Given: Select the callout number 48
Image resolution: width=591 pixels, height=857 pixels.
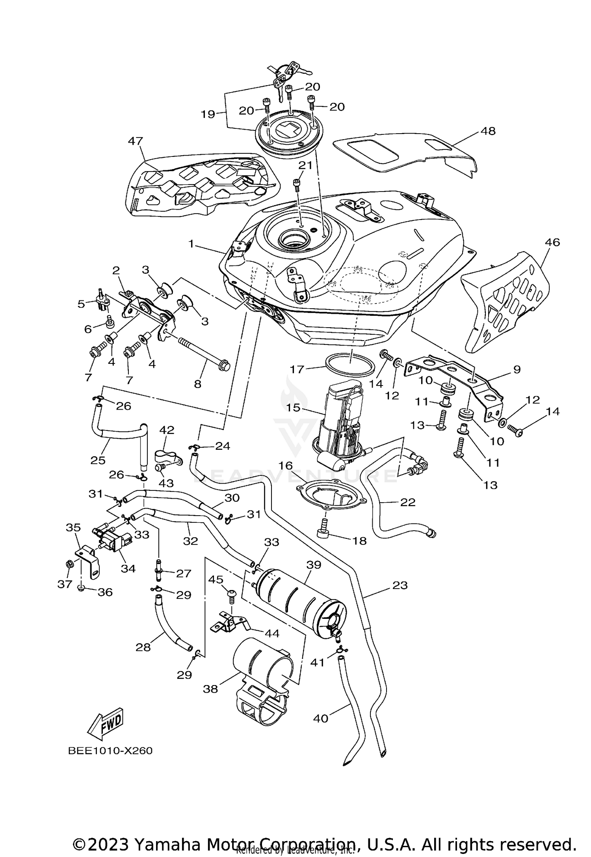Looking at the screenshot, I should pos(488,131).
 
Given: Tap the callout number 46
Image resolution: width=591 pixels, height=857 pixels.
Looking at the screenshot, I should pos(552,242).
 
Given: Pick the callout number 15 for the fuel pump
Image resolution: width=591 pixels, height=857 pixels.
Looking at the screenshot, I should pos(294,408).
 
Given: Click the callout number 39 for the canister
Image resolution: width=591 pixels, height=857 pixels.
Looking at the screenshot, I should pos(314,565).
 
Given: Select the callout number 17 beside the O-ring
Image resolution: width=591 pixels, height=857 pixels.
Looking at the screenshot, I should pos(297,369).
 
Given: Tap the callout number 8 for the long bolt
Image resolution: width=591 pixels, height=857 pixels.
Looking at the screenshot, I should pos(198,384).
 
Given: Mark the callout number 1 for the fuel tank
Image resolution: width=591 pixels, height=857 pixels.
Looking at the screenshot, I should pos(191,244).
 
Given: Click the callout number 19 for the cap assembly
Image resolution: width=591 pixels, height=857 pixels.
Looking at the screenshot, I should pos(208,114).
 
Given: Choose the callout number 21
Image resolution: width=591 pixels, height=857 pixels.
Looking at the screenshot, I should pos(305,165).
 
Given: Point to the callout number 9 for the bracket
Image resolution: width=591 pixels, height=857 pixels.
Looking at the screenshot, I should pos(517,369).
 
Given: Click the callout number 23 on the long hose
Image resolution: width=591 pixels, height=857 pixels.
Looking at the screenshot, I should pos(400,585).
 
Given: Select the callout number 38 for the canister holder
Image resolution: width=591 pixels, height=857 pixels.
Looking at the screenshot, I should pos(211,689).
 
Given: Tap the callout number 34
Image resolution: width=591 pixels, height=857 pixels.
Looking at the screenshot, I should pos(128,568).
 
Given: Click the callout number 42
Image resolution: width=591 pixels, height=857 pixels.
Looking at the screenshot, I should pos(167,430).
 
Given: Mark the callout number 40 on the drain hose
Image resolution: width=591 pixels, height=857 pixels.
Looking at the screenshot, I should pos(321,718).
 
